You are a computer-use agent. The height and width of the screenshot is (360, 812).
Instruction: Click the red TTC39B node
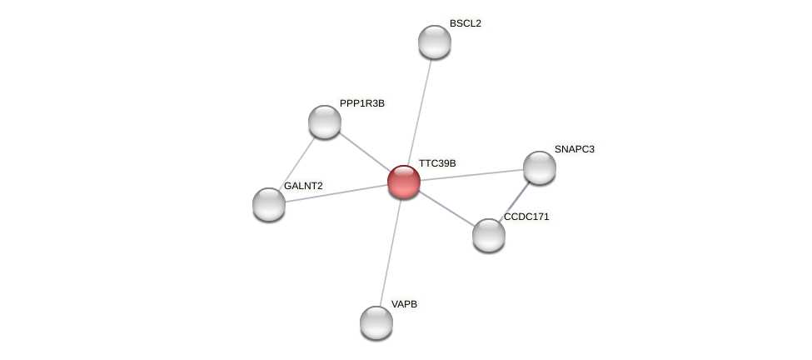[404, 182]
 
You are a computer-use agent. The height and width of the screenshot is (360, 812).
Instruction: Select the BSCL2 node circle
[435, 42]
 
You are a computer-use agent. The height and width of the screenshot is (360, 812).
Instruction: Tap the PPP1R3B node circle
[325, 122]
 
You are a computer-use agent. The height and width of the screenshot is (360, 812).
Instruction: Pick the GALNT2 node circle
[269, 204]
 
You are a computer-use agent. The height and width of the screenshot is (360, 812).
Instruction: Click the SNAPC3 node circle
[540, 167]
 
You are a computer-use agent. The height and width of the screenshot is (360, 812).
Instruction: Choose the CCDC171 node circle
[489, 235]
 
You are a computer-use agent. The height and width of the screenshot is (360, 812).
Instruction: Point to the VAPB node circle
[376, 322]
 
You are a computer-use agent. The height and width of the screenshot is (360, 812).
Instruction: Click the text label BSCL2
[465, 23]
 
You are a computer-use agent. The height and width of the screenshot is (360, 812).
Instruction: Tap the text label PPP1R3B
[362, 103]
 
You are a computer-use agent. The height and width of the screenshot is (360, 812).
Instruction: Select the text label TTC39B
[437, 163]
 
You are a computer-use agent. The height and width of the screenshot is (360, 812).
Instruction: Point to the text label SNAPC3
[575, 149]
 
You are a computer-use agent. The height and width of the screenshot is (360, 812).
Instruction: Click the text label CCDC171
[526, 217]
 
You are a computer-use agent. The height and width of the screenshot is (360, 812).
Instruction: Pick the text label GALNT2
[303, 186]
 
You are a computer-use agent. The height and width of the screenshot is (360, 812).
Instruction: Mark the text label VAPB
[404, 304]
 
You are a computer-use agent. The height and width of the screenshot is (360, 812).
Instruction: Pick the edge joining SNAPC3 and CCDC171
[515, 201]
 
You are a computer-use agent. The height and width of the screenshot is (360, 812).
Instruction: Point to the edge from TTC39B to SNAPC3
[472, 174]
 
